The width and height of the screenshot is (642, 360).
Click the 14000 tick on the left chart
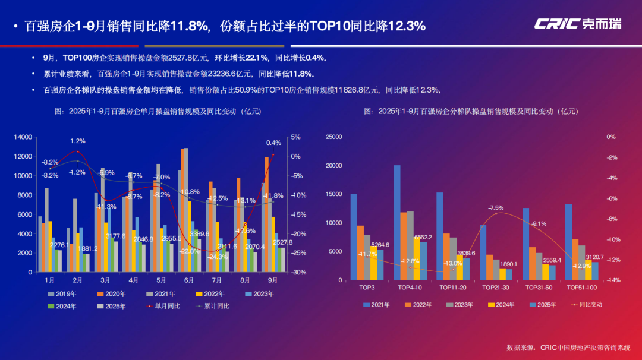coord(23,137)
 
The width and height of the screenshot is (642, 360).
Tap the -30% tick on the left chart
coord(298,273)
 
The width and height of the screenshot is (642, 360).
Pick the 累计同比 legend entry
coord(214,306)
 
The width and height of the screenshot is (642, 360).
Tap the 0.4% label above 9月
coord(273,143)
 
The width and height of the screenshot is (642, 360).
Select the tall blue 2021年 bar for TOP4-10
coord(397,222)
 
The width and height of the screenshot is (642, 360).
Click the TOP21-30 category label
coord(496,288)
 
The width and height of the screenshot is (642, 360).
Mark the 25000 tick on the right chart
coord(334,137)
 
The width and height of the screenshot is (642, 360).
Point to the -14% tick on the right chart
coord(610,280)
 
